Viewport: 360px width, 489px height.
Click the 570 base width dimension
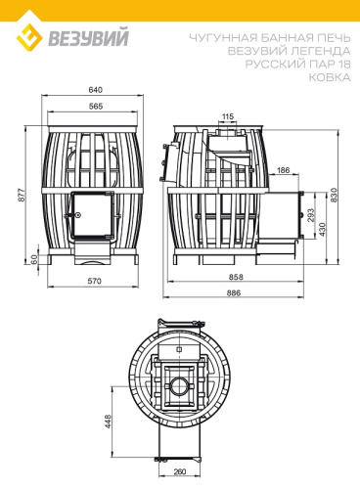(x=95, y=282)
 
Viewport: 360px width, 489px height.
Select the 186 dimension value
(x=283, y=171)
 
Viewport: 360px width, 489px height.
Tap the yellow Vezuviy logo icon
(x=30, y=39)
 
